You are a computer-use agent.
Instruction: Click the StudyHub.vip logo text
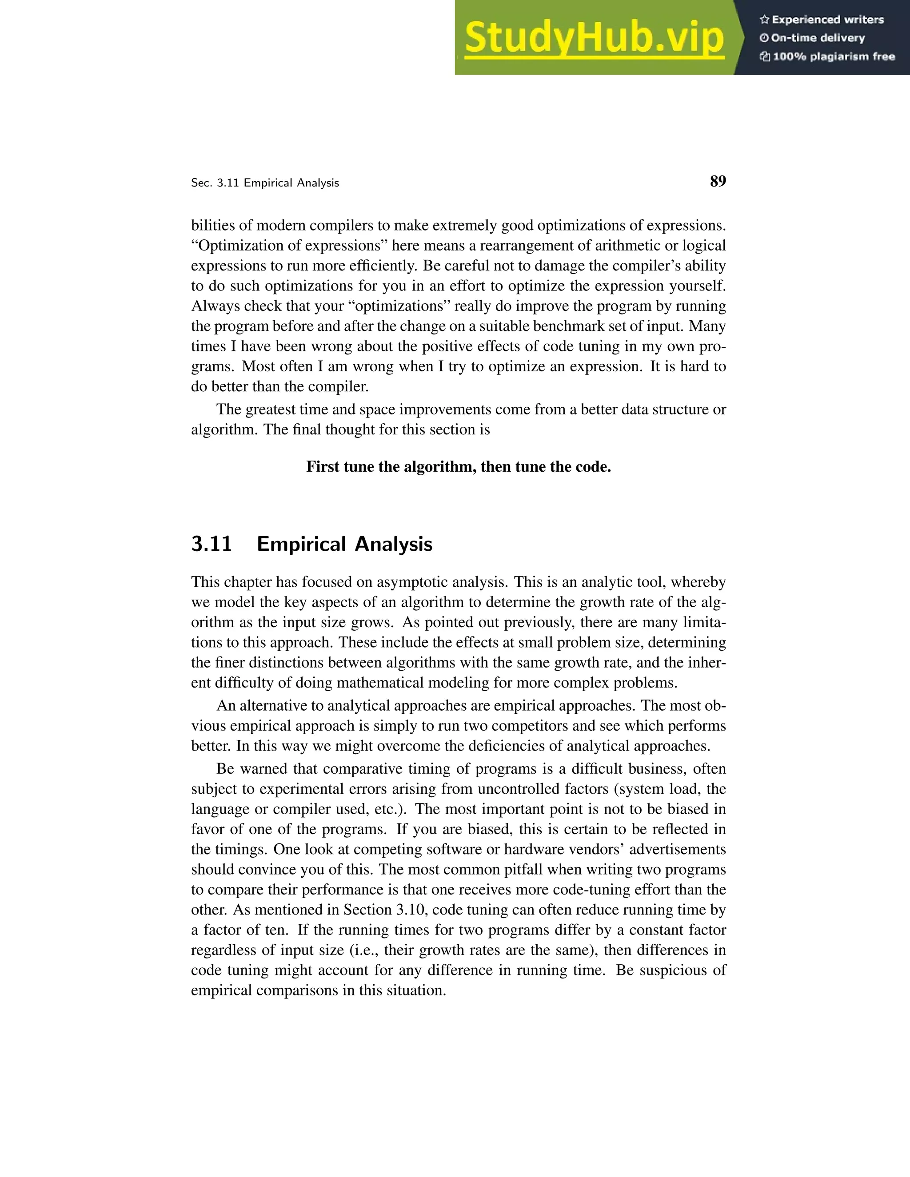click(594, 38)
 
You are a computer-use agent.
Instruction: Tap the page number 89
click(718, 181)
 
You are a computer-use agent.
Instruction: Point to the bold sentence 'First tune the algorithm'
click(458, 466)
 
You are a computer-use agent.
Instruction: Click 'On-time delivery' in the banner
click(818, 38)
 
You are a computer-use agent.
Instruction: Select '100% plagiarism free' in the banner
click(834, 56)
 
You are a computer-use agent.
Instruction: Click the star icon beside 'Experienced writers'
click(764, 20)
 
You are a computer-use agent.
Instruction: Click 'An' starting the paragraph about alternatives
click(226, 705)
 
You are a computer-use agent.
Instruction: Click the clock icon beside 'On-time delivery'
click(764, 38)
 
